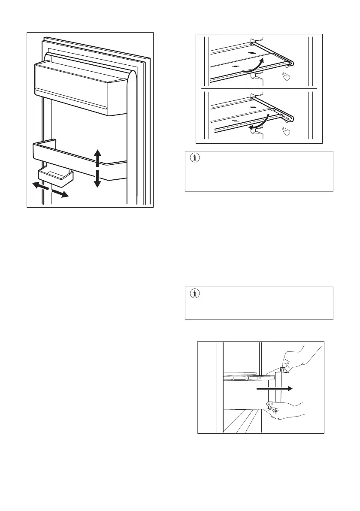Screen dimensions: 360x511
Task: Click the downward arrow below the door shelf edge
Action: point(97,179)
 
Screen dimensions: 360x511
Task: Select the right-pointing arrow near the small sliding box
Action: point(61,194)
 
